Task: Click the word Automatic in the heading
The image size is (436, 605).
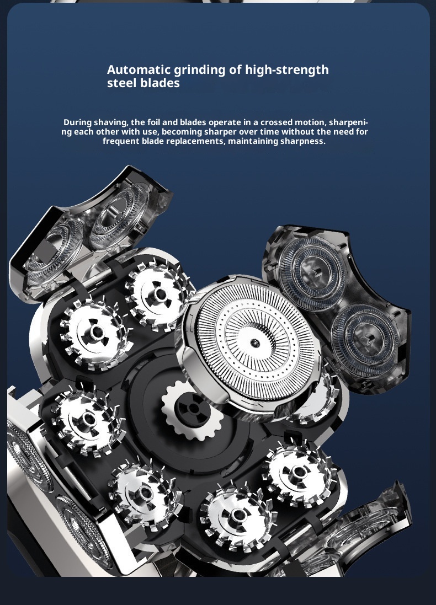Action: coord(139,70)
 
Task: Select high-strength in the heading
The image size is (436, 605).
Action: coord(287,71)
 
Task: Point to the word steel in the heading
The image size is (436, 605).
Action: coord(124,83)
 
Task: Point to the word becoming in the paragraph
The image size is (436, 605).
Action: coord(182,132)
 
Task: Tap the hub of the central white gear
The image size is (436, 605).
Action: coord(193,409)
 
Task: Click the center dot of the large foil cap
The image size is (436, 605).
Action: coord(254,342)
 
